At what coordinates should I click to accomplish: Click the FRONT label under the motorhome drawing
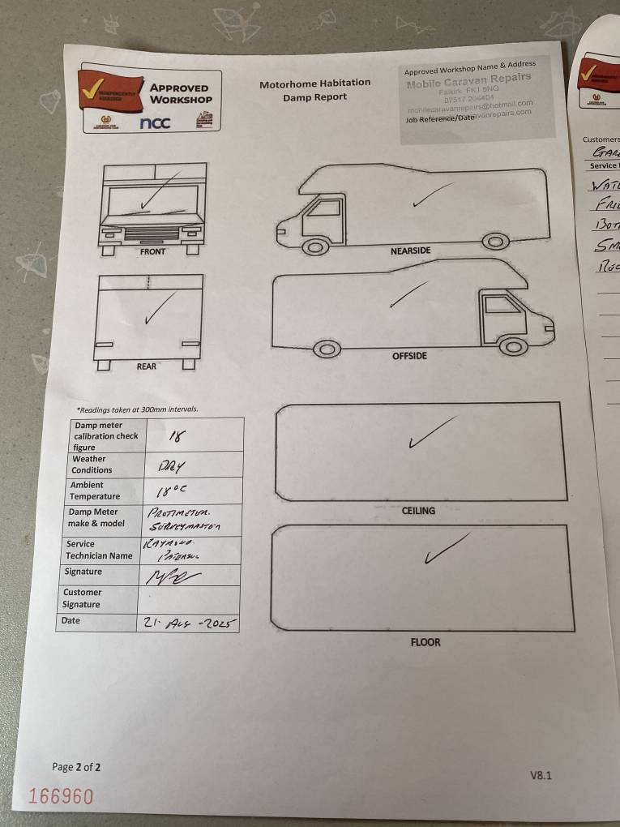[152, 252]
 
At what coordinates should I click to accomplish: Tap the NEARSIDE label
[410, 251]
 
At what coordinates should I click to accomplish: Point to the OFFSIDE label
[409, 356]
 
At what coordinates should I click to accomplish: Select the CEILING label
[418, 511]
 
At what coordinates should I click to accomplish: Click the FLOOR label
[425, 642]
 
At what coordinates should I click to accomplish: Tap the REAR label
[147, 366]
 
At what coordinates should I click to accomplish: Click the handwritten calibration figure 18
[175, 435]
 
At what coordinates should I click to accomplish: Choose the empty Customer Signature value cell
[189, 598]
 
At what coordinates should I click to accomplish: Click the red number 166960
[61, 796]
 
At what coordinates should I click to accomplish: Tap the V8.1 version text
[541, 775]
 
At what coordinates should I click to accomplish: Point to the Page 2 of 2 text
[76, 767]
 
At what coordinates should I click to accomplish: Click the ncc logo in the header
[155, 123]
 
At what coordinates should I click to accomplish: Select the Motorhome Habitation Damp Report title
[314, 90]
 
